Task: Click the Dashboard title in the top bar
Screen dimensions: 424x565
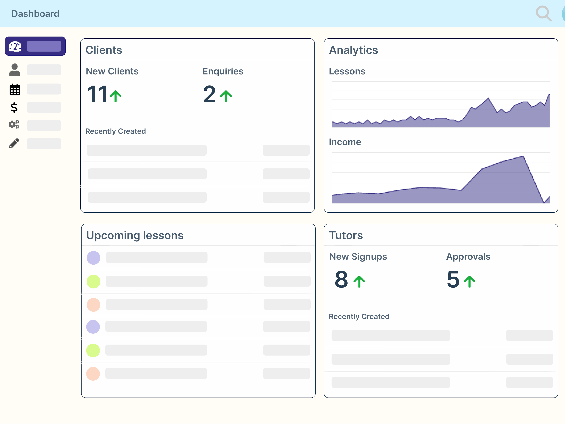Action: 35,14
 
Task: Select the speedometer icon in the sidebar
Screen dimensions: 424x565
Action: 15,46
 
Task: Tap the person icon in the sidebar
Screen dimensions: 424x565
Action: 15,70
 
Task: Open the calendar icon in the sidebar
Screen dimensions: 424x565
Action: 15,90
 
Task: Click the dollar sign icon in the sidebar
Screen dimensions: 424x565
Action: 14,107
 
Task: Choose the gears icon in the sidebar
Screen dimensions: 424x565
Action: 14,124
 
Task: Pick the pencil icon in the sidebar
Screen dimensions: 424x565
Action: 14,143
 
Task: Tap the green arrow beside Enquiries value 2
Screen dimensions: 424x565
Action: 226,96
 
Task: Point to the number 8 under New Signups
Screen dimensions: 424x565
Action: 341,279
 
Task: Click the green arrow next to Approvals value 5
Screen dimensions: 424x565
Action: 470,281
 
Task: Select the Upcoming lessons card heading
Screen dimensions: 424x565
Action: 135,235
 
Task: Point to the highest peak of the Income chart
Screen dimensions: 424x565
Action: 523,156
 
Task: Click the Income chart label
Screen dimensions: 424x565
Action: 345,142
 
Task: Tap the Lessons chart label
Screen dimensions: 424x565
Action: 347,71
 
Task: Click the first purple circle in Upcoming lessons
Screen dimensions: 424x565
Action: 93,258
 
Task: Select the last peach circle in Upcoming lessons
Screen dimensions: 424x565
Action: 93,374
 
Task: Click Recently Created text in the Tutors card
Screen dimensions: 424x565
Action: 359,316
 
